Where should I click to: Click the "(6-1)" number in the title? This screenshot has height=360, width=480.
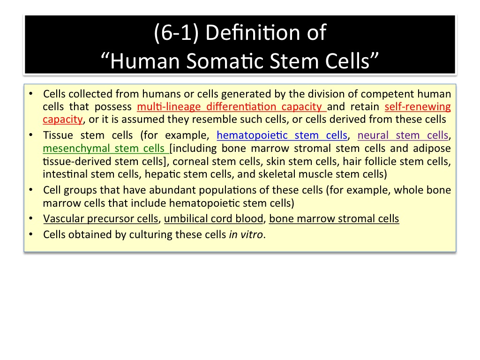pyautogui.click(x=176, y=33)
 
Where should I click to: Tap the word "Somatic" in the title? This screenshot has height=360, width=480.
pyautogui.click(x=225, y=60)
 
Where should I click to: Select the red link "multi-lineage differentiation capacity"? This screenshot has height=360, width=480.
pyautogui.click(x=232, y=107)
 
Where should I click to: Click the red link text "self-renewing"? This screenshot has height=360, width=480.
pyautogui.click(x=418, y=107)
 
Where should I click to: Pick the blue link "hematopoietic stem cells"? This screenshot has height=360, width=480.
pyautogui.click(x=282, y=135)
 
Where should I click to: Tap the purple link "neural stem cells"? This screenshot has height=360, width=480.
pyautogui.click(x=403, y=135)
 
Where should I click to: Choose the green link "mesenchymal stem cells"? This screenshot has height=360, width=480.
pyautogui.click(x=105, y=149)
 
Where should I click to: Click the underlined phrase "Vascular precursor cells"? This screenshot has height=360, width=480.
pyautogui.click(x=100, y=218)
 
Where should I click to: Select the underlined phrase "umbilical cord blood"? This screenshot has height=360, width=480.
pyautogui.click(x=214, y=218)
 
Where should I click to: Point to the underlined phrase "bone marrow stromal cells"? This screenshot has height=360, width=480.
pyautogui.click(x=334, y=218)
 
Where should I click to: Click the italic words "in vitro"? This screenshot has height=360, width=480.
pyautogui.click(x=246, y=234)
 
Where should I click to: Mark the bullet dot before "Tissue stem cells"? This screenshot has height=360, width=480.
pyautogui.click(x=31, y=135)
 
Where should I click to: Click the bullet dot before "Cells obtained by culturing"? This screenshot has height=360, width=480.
pyautogui.click(x=31, y=234)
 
